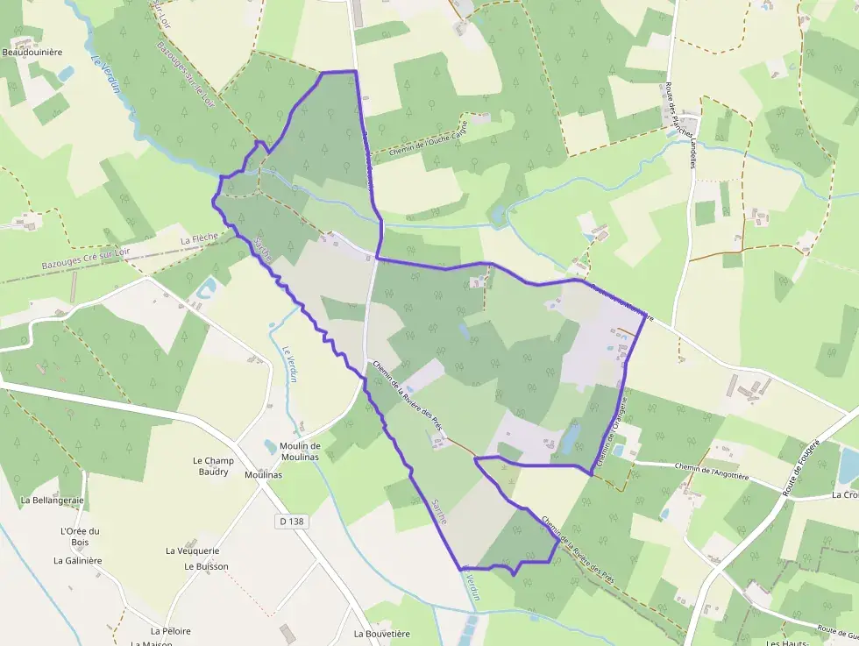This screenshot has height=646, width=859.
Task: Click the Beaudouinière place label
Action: tap(32, 52)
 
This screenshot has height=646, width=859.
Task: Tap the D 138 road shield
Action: tap(292, 521)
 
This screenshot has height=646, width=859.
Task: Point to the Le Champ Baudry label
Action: tap(210, 466)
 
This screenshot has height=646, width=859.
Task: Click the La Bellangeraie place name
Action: tap(52, 500)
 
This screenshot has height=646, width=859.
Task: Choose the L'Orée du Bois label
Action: tap(80, 536)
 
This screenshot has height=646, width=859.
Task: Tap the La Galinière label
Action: tap(78, 560)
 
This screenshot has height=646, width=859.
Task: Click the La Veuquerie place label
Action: tap(192, 550)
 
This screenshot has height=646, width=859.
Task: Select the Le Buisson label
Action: tap(206, 566)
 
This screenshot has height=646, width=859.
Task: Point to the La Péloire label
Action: tap(170, 630)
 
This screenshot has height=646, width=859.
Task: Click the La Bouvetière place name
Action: tap(381, 633)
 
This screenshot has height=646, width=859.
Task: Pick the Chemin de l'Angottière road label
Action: tap(713, 472)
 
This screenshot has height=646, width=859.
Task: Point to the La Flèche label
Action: tap(197, 238)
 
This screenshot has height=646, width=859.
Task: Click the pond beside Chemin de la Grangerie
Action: tap(571, 435)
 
